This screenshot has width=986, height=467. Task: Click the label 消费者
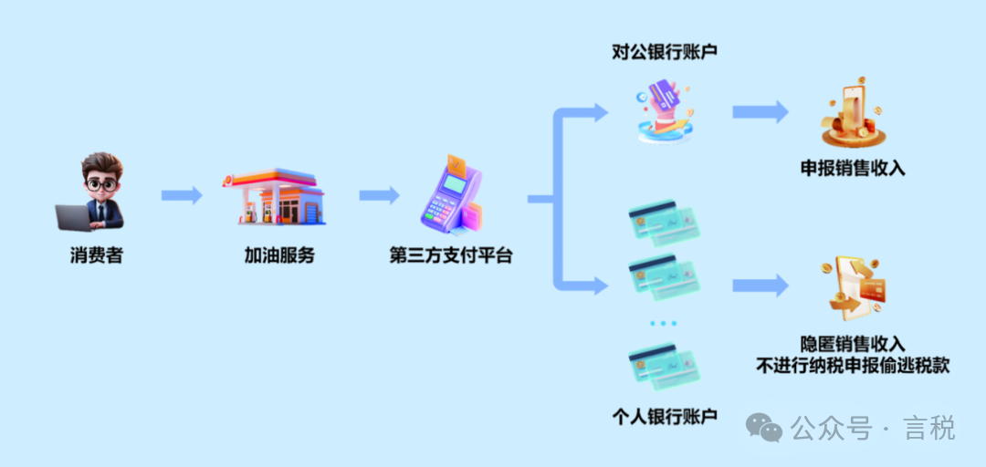[96, 255]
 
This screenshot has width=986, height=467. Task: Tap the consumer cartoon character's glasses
[100, 184]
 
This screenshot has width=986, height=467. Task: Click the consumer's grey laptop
[74, 217]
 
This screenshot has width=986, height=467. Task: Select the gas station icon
[274, 196]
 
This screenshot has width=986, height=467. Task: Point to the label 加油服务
[279, 255]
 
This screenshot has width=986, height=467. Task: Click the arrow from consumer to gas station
[182, 195]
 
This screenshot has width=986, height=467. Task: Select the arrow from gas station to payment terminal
[379, 195]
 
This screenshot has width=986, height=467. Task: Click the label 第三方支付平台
[451, 256]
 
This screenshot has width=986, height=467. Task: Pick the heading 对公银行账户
[665, 52]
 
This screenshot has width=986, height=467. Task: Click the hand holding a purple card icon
[665, 111]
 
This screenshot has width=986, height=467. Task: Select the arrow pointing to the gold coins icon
[760, 112]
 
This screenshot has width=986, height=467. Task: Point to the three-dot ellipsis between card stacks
[664, 323]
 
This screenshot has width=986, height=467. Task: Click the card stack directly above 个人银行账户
[664, 365]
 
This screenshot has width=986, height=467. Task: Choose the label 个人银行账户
[665, 417]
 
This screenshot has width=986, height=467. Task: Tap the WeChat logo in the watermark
[763, 428]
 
